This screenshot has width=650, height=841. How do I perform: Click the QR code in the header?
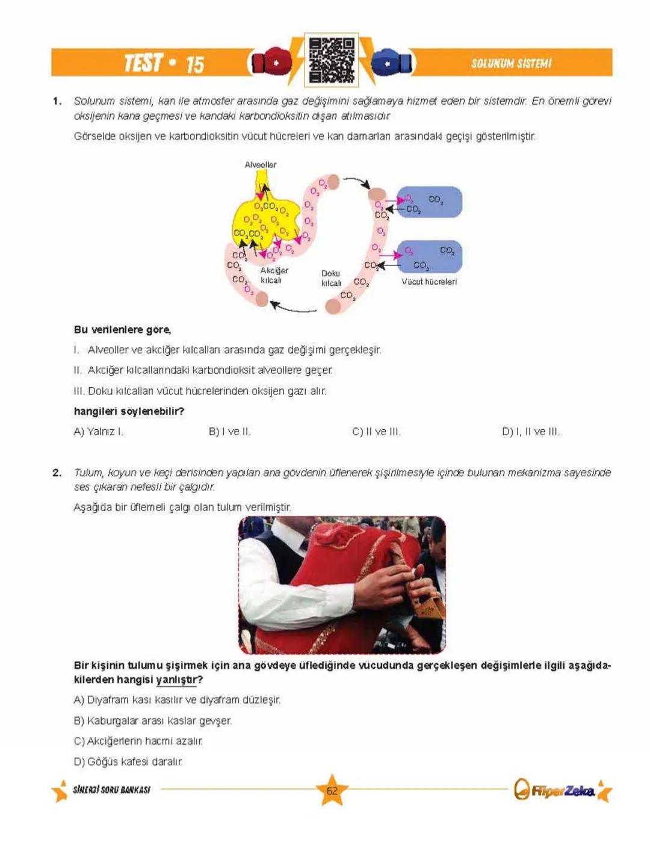(331, 60)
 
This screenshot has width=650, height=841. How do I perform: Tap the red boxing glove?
(271, 62)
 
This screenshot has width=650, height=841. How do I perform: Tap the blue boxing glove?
(391, 62)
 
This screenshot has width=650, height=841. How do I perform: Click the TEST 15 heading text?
(164, 63)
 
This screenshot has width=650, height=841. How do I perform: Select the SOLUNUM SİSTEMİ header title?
(511, 63)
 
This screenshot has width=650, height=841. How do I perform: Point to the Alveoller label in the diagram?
(260, 164)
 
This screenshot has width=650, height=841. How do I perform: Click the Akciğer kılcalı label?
(274, 275)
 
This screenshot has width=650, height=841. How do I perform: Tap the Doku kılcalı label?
(331, 278)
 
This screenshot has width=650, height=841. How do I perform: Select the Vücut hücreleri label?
(429, 281)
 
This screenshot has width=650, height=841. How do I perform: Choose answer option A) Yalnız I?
(98, 432)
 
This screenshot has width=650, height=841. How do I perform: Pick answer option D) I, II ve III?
(530, 432)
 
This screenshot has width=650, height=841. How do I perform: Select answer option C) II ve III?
(376, 432)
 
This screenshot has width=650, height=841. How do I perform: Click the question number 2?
(57, 473)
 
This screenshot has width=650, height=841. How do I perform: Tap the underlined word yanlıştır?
(176, 680)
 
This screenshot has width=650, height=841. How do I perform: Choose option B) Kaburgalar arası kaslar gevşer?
(153, 721)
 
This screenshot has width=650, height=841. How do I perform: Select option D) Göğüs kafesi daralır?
(128, 762)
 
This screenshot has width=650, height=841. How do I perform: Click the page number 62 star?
(332, 790)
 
